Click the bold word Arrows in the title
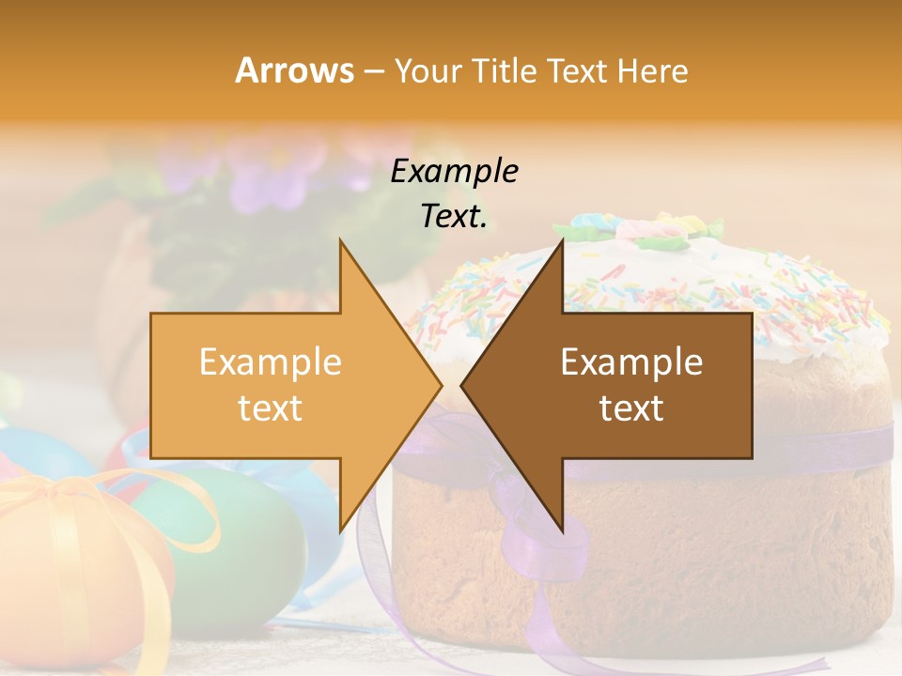[x=294, y=70]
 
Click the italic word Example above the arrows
[x=454, y=172]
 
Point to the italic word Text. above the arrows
[x=454, y=217]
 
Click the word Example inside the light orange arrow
[x=271, y=362]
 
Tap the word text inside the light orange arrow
[x=271, y=408]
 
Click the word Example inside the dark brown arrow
[x=631, y=362]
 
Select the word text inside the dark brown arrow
[x=631, y=408]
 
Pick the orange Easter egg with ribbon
[x=75, y=563]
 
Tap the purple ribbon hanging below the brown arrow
[x=536, y=554]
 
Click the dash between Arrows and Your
[x=373, y=72]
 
